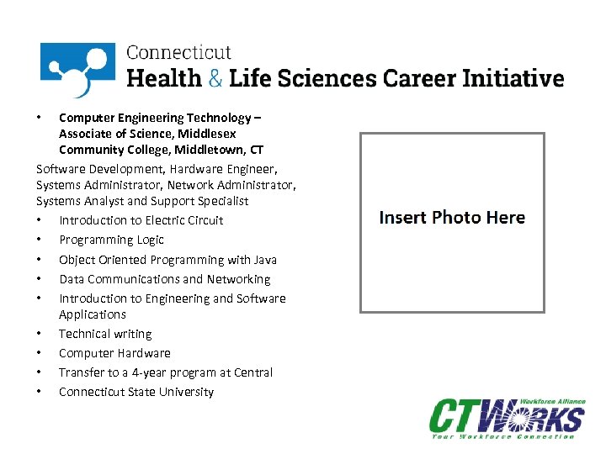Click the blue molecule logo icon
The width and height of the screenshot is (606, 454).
point(77,69)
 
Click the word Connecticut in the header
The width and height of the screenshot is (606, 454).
point(178,52)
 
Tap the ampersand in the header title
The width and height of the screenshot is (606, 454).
point(215,78)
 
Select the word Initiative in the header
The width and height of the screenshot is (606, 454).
point(514,78)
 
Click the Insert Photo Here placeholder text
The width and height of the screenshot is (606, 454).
point(452,218)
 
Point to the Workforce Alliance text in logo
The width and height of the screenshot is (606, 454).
point(552,402)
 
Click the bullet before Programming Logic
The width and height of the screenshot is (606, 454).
point(40,240)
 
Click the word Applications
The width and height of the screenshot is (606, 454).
point(93,314)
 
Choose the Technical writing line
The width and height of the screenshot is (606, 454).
point(105,334)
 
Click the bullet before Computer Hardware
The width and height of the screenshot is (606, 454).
point(40,353)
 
